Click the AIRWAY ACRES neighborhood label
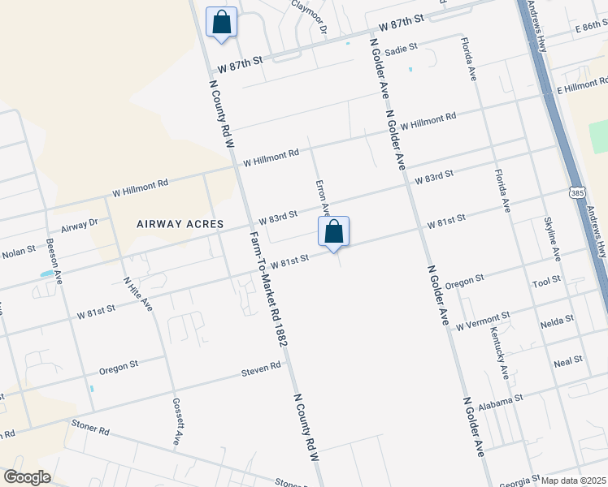tap(180, 224)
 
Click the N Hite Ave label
tap(138, 294)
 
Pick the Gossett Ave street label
tap(176, 421)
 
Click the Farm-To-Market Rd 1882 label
tap(270, 287)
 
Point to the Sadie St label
tap(401, 50)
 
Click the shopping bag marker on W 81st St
tap(333, 233)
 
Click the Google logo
tap(27, 476)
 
